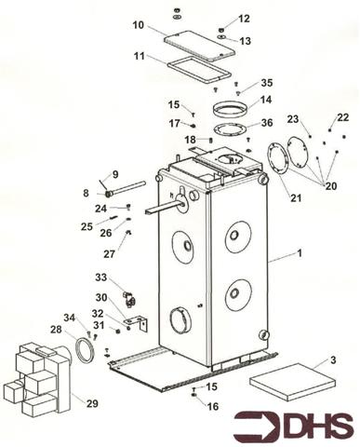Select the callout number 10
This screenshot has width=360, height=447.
click(x=138, y=24)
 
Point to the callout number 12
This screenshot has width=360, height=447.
click(x=244, y=19)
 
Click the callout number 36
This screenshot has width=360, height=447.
click(x=267, y=123)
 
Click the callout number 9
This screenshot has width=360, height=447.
click(x=115, y=175)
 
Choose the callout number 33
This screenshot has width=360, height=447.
click(x=100, y=277)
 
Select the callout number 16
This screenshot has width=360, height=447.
click(x=213, y=406)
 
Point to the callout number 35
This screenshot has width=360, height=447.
click(x=267, y=82)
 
